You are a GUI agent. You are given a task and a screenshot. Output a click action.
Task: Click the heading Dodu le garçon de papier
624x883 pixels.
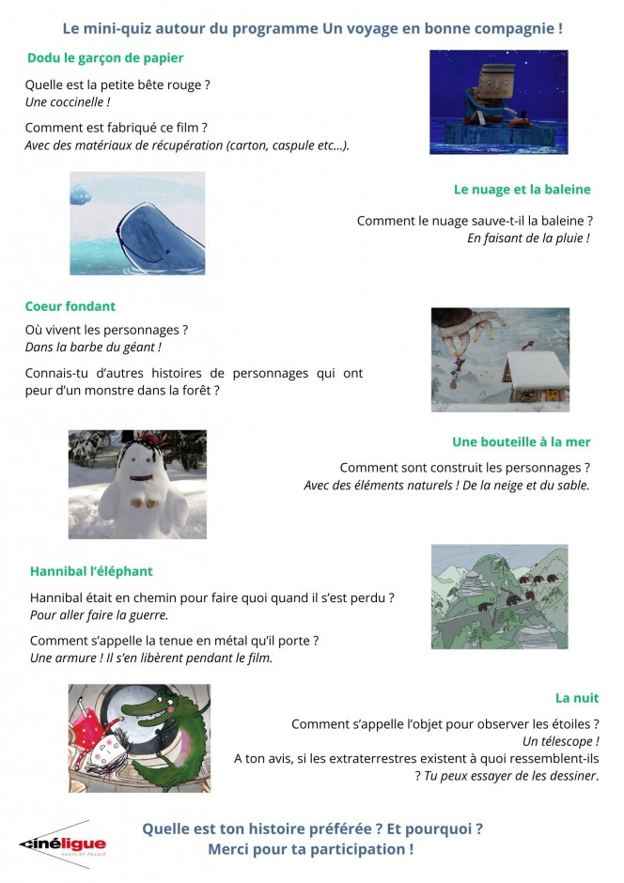click(x=105, y=58)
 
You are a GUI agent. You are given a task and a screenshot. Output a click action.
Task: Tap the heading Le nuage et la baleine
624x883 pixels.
click(x=522, y=189)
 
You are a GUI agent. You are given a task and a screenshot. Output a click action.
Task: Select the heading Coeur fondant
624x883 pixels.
click(x=70, y=306)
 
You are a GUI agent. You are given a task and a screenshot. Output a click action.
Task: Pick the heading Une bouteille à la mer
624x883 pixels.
click(x=521, y=441)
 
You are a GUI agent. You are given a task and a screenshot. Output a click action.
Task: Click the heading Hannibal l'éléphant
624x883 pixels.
click(x=91, y=571)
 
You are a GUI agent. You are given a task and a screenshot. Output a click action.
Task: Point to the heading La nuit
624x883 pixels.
click(x=577, y=698)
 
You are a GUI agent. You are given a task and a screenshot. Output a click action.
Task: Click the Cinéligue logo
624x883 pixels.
click(x=64, y=844)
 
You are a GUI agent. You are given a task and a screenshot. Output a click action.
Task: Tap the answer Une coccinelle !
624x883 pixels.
click(x=68, y=101)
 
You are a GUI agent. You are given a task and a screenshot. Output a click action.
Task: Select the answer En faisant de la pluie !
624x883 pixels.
click(x=528, y=239)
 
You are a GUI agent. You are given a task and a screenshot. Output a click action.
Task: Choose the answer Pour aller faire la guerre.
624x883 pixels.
click(x=99, y=615)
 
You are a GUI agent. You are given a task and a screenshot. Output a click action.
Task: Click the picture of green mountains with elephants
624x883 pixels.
click(x=499, y=596)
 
